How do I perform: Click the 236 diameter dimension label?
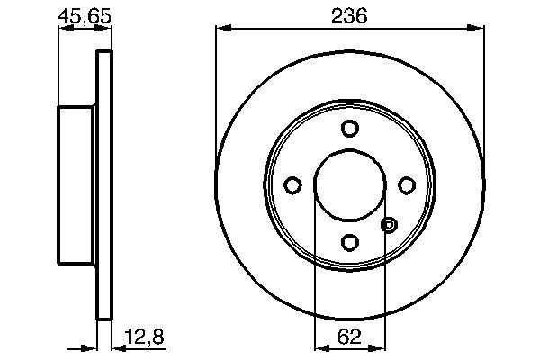348,16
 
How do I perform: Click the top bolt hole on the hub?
349,129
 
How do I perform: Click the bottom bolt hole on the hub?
349,241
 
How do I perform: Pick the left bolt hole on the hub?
292,185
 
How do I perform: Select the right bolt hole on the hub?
406,185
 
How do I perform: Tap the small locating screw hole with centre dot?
389,224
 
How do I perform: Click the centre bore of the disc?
349,184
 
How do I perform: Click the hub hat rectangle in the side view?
76,184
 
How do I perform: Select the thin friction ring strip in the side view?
103,184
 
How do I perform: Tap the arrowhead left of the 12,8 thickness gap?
92,346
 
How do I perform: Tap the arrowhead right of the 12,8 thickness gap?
116,346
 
